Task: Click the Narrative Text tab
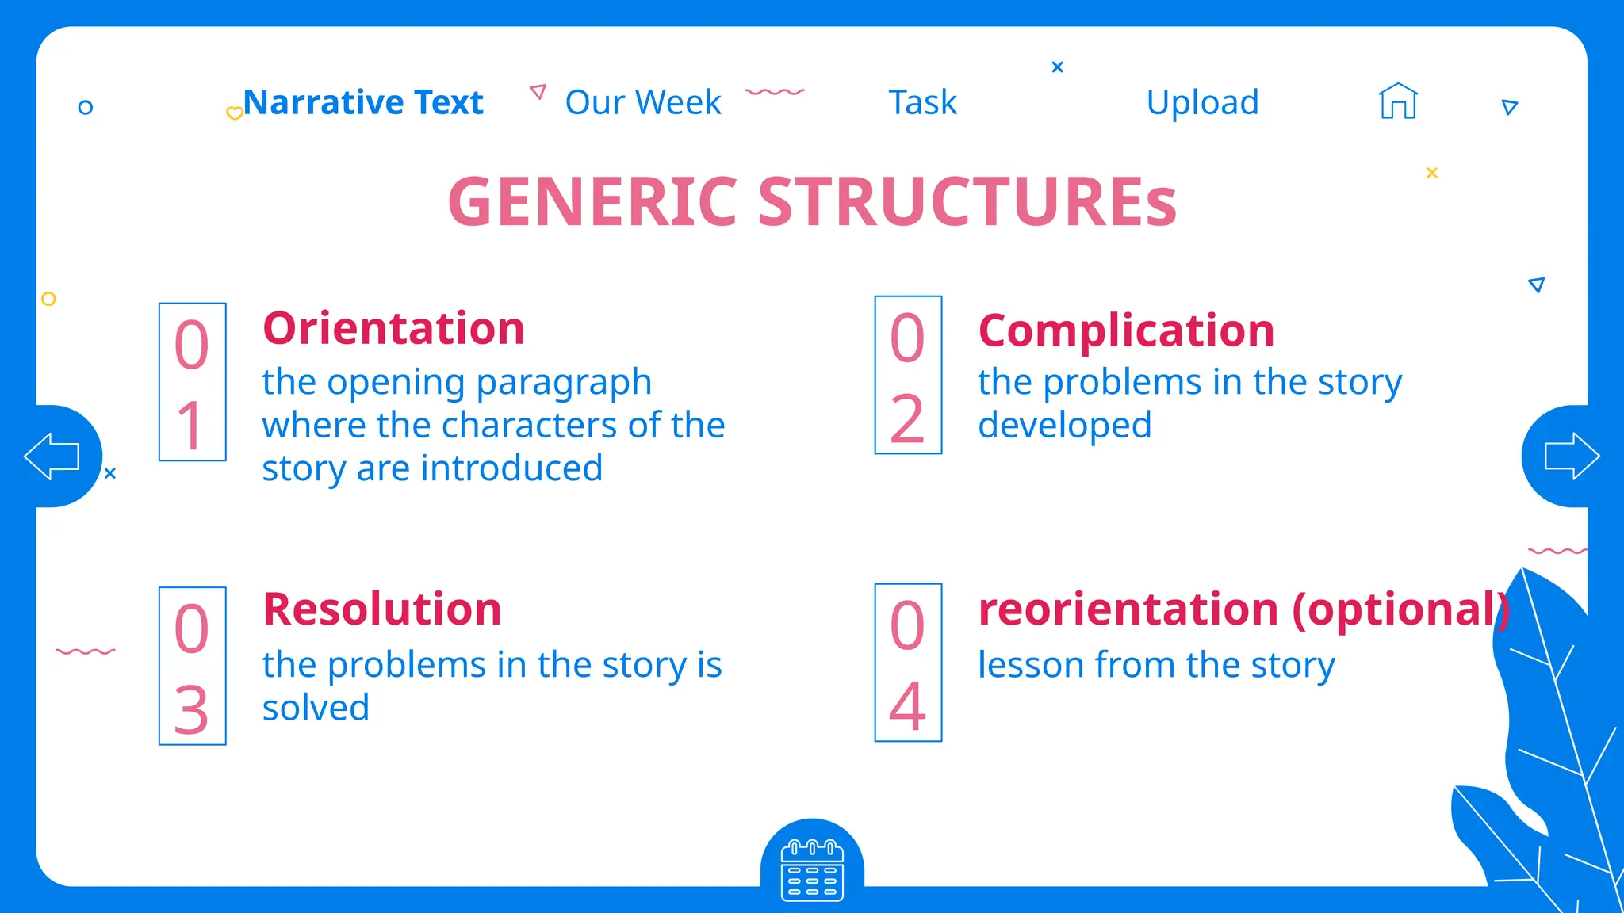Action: (x=363, y=103)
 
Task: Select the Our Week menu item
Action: (x=643, y=103)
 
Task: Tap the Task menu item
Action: (x=922, y=103)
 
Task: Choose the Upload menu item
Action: (x=1202, y=103)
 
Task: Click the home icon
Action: (x=1398, y=101)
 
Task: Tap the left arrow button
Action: (x=52, y=456)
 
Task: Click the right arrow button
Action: (x=1572, y=456)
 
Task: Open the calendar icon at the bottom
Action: (x=812, y=870)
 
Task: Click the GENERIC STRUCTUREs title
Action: (x=812, y=201)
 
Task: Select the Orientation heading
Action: (x=393, y=328)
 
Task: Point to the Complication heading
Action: (x=1126, y=330)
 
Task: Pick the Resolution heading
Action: (x=382, y=609)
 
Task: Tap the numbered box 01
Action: (x=193, y=381)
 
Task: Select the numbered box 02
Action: (x=908, y=375)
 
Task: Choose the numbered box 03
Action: (x=193, y=666)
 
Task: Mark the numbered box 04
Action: (x=908, y=663)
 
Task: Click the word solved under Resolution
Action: (x=316, y=708)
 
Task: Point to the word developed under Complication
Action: (x=1064, y=426)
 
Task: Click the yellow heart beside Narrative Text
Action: (x=235, y=113)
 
